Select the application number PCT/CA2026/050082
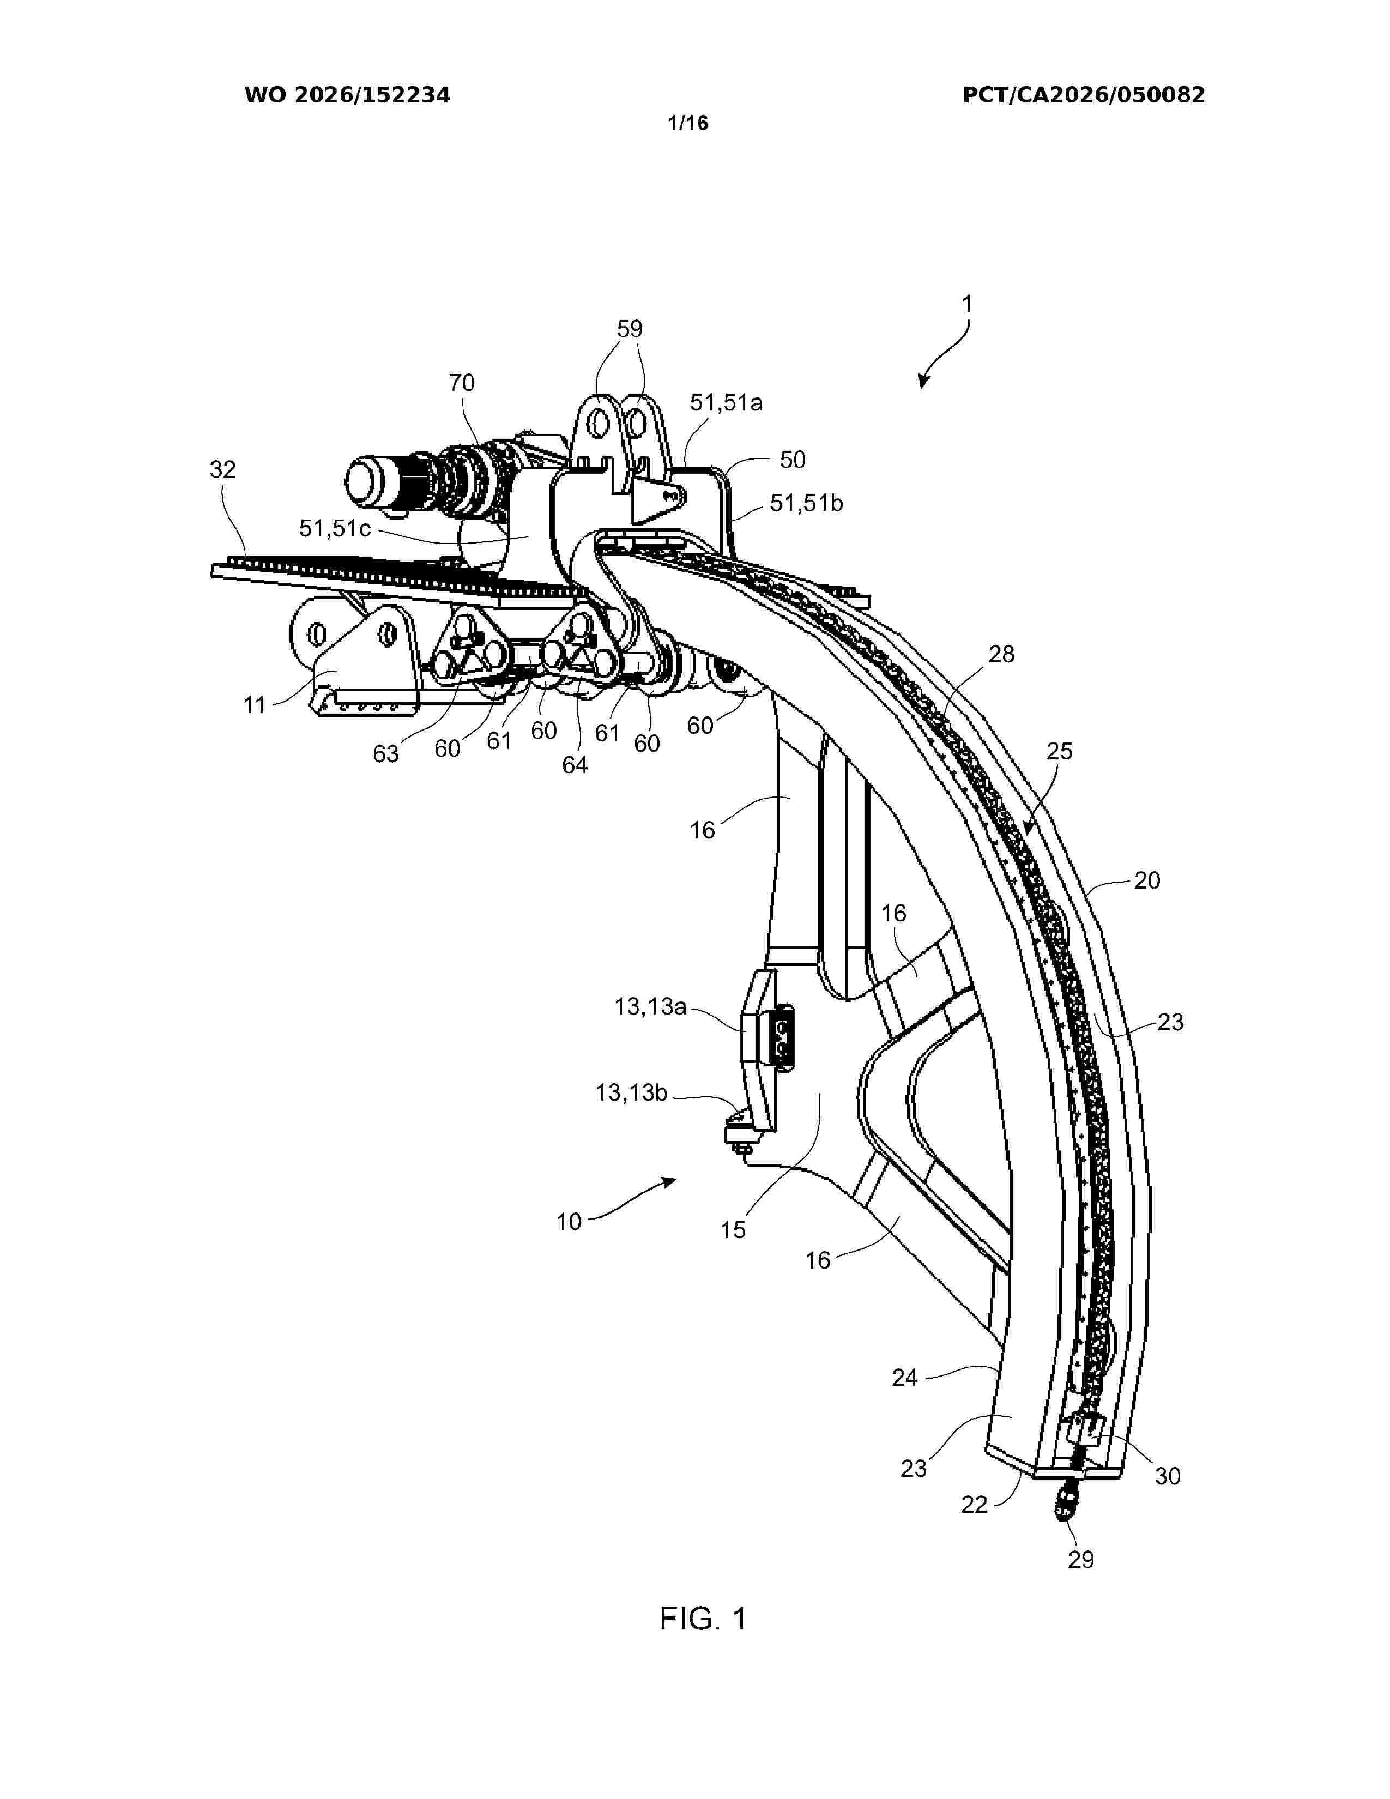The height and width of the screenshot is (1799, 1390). coord(1084,95)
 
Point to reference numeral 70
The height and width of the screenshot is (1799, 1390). coord(462,383)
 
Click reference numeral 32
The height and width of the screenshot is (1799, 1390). coord(223,469)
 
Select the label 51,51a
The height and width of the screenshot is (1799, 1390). coord(726,403)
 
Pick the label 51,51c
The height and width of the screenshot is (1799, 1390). coord(335,528)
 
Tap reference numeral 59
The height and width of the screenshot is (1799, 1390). coord(630,329)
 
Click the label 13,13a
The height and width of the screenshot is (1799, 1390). coord(650,1006)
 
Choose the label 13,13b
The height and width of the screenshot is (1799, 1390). coord(632,1092)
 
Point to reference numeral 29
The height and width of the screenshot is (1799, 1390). coord(1081,1559)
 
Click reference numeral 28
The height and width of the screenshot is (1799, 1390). coord(1001,655)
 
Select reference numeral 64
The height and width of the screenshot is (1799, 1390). coord(575,765)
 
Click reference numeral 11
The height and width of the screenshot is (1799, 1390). coord(255,705)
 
